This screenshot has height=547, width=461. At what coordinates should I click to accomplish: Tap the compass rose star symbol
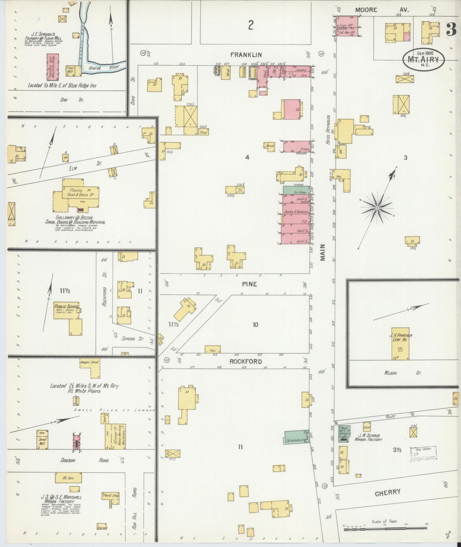(377, 208)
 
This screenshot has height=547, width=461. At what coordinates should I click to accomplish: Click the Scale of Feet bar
(385, 529)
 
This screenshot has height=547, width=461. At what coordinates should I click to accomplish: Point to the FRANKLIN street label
(250, 55)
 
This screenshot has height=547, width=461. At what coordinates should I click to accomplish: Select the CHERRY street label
(387, 492)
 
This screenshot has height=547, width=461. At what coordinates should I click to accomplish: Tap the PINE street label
(249, 284)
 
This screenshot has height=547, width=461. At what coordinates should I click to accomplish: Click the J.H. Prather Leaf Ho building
(400, 344)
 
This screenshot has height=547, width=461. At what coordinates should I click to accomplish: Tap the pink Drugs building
(297, 146)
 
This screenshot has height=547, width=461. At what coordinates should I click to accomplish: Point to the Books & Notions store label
(296, 212)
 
